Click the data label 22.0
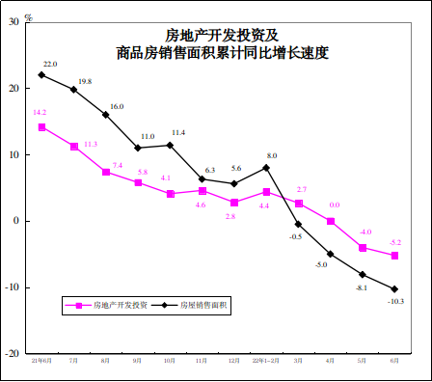[x=49, y=65]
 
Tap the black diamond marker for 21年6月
[x=41, y=74]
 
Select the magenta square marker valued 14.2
[x=41, y=126]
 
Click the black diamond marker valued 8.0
[x=266, y=168]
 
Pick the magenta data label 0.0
[x=334, y=205]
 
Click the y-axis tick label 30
[x=13, y=22]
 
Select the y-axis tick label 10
[x=13, y=154]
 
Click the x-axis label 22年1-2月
[x=265, y=361]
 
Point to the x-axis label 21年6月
[x=41, y=361]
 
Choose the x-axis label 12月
[x=234, y=361]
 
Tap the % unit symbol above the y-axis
[x=30, y=16]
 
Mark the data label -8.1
[x=361, y=287]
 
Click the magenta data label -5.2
[x=394, y=242]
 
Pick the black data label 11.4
[x=178, y=132]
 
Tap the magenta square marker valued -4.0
[x=363, y=248]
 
